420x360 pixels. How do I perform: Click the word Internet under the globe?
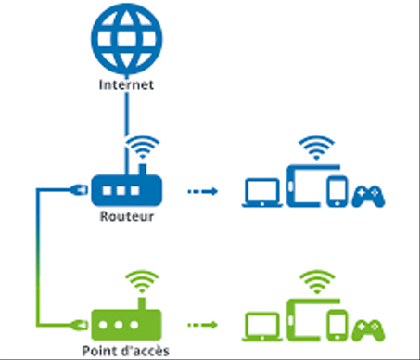point(124,85)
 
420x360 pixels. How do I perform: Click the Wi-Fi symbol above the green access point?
point(141,281)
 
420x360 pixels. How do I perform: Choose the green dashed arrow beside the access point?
point(201,326)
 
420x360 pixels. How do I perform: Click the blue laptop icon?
point(261,192)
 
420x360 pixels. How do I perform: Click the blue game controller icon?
point(370,196)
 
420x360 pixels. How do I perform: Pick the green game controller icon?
point(370,328)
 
